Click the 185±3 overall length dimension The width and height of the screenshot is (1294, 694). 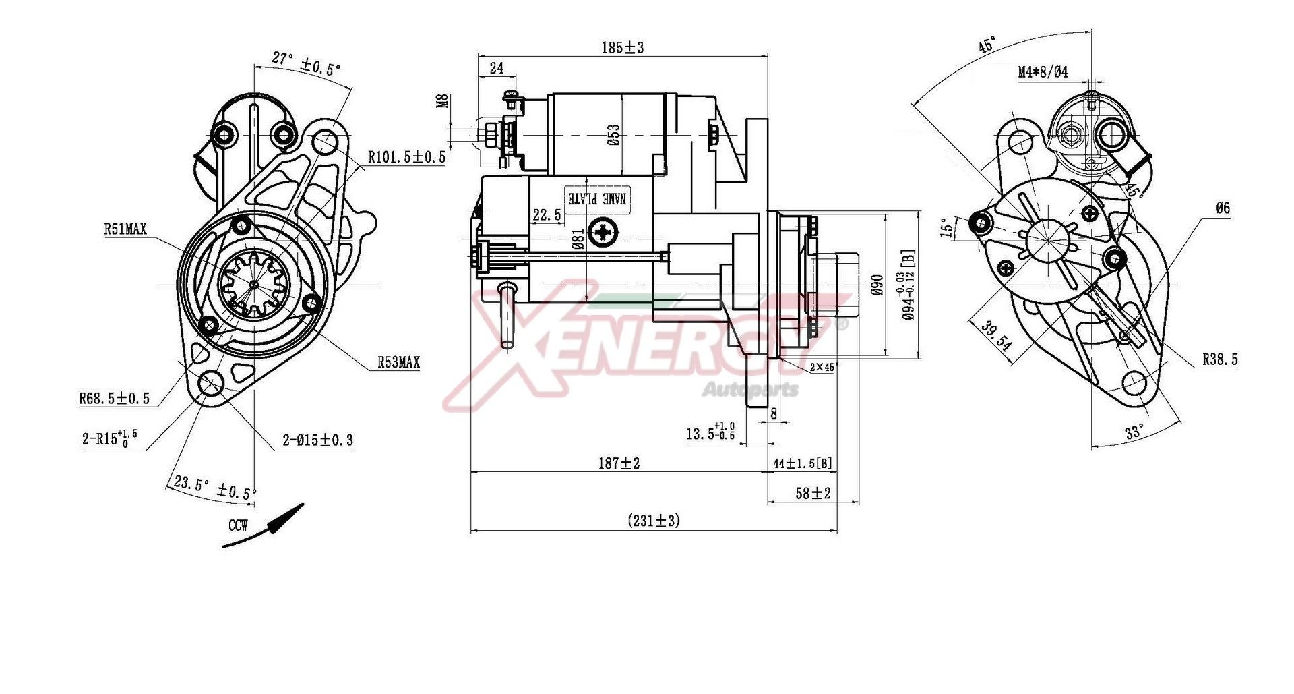622,48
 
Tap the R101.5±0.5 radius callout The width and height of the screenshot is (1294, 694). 406,157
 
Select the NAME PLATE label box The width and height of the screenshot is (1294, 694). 597,198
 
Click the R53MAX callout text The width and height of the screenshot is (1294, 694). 398,363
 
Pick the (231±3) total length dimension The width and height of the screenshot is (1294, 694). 653,520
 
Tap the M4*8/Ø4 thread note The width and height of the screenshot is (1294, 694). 1043,72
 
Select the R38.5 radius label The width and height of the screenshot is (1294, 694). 1220,359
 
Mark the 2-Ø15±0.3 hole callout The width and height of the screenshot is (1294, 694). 317,440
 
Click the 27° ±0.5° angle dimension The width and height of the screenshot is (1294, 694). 306,64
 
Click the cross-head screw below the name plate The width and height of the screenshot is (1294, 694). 603,233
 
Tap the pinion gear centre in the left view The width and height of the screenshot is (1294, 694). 254,285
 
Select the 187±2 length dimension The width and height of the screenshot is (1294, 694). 618,463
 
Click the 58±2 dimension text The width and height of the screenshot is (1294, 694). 813,493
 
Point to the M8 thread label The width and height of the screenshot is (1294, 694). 443,101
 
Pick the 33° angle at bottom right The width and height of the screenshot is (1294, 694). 1134,432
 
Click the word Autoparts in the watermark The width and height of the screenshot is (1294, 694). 750,389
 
